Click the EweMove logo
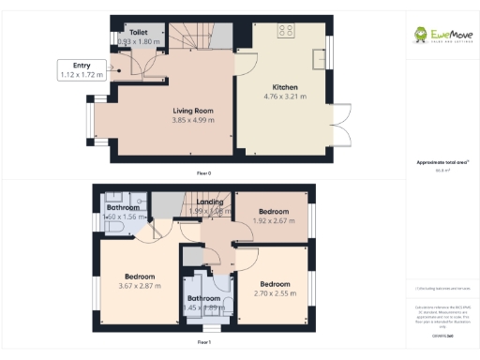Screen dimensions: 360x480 tap(441, 36)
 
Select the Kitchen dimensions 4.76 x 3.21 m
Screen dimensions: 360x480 tap(285, 97)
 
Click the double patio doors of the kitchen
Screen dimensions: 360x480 tap(342, 121)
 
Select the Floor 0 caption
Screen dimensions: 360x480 tap(203, 173)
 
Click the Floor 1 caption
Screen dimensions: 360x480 tap(203, 344)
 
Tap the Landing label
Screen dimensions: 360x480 tap(209, 202)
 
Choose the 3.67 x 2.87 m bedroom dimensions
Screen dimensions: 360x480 tap(139, 288)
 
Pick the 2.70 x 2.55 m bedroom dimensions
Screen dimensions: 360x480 tap(275, 292)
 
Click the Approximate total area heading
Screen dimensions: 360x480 tap(436, 163)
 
